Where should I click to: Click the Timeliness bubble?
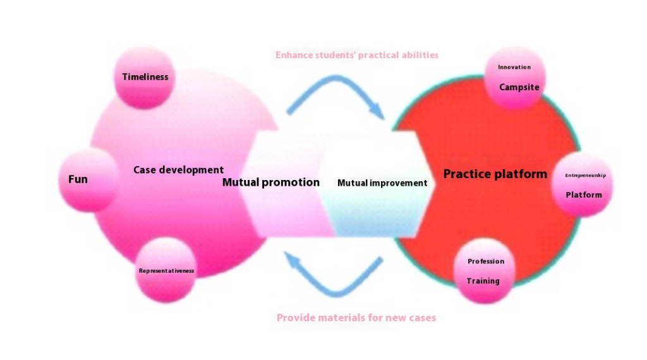[x=145, y=78]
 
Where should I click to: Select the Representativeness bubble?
[x=166, y=270]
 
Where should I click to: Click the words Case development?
[x=178, y=170]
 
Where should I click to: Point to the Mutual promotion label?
[x=270, y=183]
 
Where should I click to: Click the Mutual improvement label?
[x=382, y=183]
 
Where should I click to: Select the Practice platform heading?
[x=495, y=174]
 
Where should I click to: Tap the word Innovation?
[x=514, y=67]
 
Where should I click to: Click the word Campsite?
[x=519, y=87]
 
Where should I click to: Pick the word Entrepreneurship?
[x=585, y=175]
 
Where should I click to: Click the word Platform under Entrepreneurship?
[x=583, y=195]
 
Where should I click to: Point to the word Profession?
[x=486, y=261]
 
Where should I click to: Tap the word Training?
[x=483, y=281]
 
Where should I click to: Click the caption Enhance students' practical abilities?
[x=357, y=55]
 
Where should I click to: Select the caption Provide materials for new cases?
[x=356, y=318]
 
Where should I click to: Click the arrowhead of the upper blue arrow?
[x=377, y=111]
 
